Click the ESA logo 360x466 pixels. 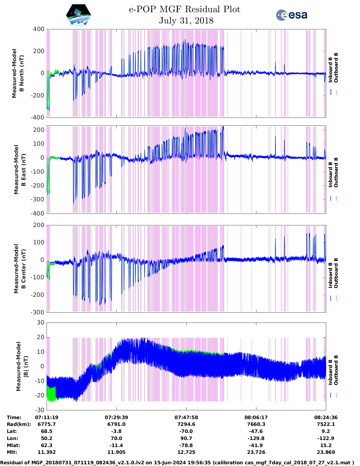[x=291, y=15]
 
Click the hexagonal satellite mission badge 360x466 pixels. [x=79, y=15]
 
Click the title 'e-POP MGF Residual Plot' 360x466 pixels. [x=184, y=9]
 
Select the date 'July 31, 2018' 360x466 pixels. [x=186, y=21]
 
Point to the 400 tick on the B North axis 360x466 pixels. [x=39, y=29]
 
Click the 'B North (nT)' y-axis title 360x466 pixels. [x=18, y=73]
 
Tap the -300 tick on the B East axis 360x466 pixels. [x=39, y=199]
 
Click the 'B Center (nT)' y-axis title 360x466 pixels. [x=20, y=269]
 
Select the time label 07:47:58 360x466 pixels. [x=186, y=417]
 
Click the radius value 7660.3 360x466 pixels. [x=256, y=424]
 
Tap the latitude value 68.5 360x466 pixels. [x=47, y=431]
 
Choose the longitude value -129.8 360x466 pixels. [x=256, y=438]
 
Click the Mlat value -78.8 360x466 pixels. [x=186, y=445]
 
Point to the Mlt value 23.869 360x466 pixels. [x=326, y=452]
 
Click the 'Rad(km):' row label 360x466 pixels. [x=19, y=424]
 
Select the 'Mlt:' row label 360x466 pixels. [x=12, y=452]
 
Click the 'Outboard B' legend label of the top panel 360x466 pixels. [x=336, y=68]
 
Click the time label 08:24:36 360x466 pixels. [x=326, y=417]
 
